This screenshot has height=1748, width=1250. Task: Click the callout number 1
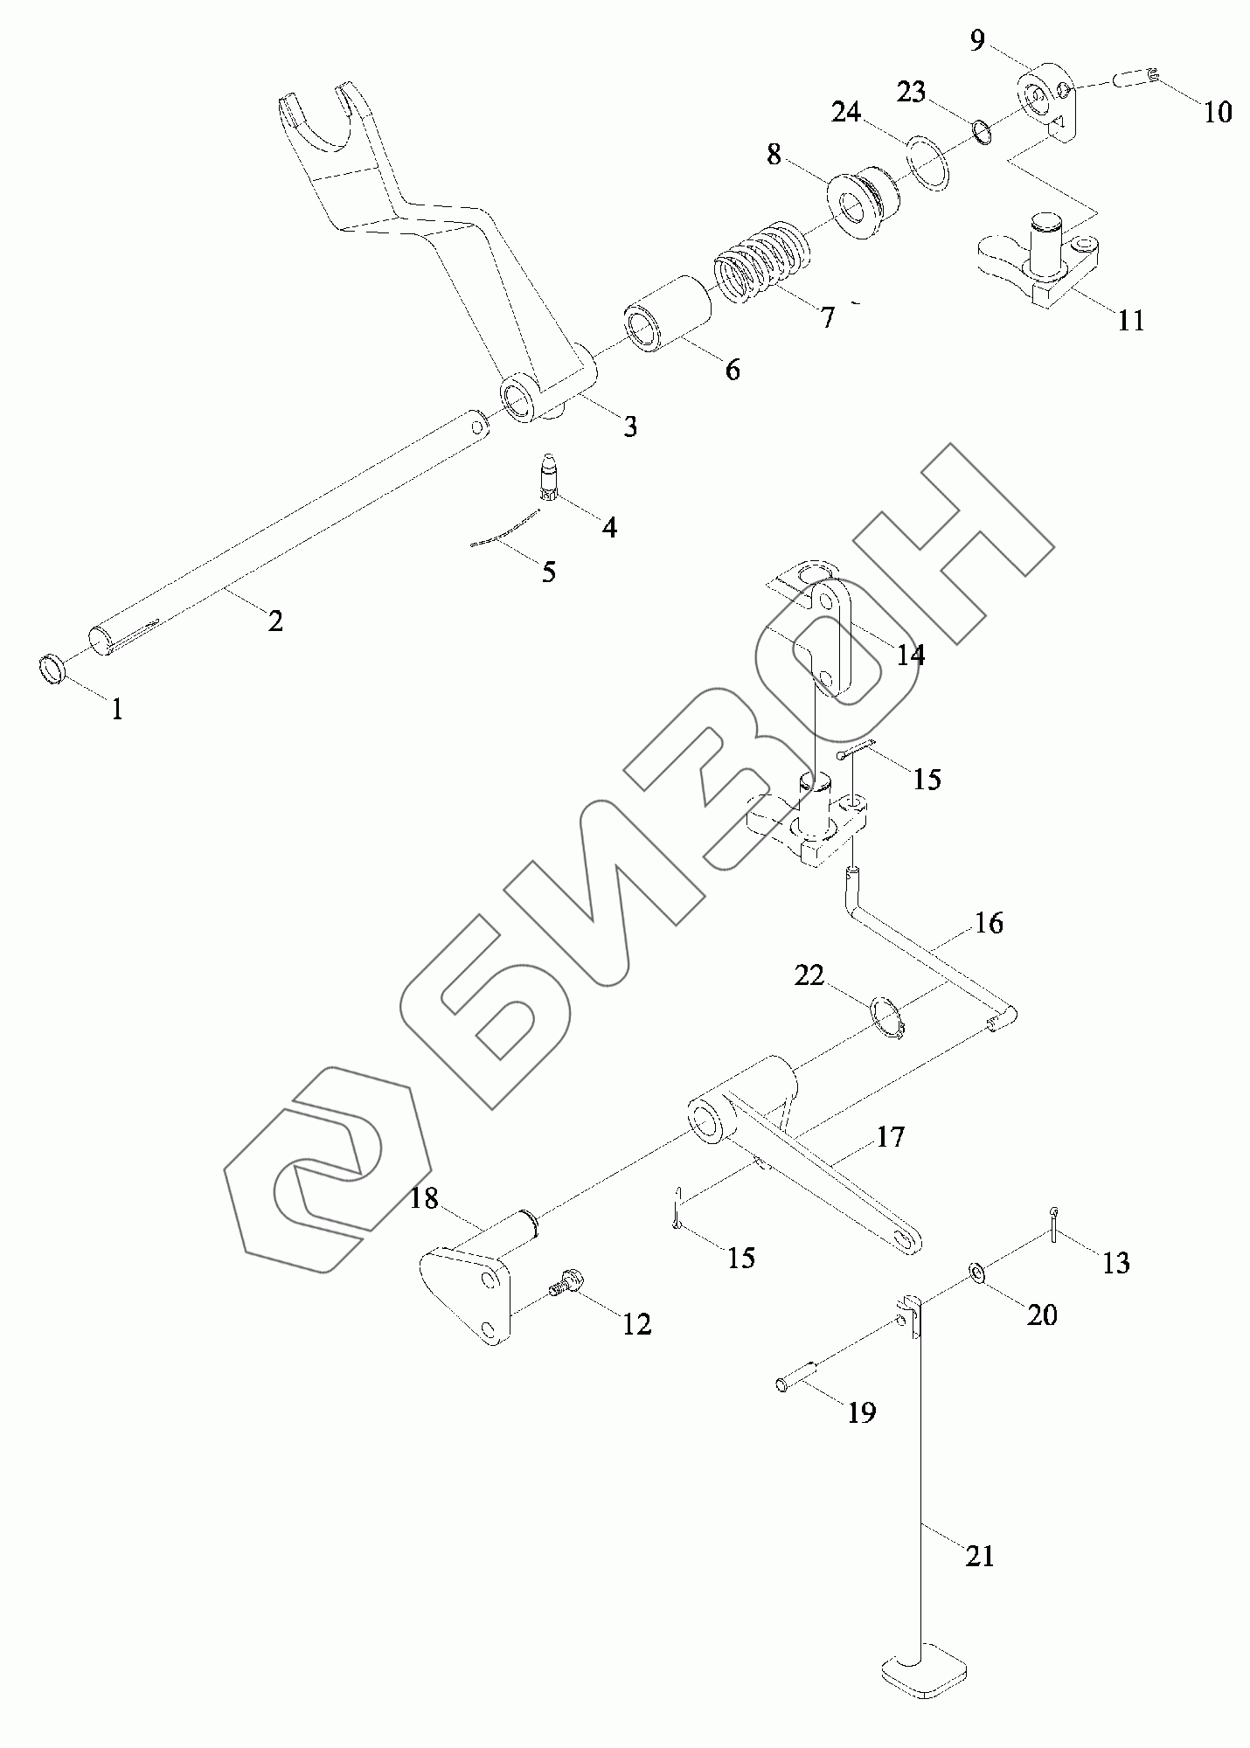coord(115,710)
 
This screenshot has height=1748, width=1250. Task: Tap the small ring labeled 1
coord(52,669)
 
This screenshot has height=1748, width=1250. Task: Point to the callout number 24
coord(846,113)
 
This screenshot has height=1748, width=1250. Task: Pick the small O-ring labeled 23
coord(982,133)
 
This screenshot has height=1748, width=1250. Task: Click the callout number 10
coord(1218,111)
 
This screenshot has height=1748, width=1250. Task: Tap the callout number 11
coord(1131,321)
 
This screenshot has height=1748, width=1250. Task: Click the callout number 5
coord(548,572)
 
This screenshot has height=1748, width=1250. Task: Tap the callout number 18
coord(425,1198)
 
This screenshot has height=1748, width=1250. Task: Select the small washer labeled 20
coord(976,1274)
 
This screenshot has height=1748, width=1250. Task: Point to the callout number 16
coord(989,924)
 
